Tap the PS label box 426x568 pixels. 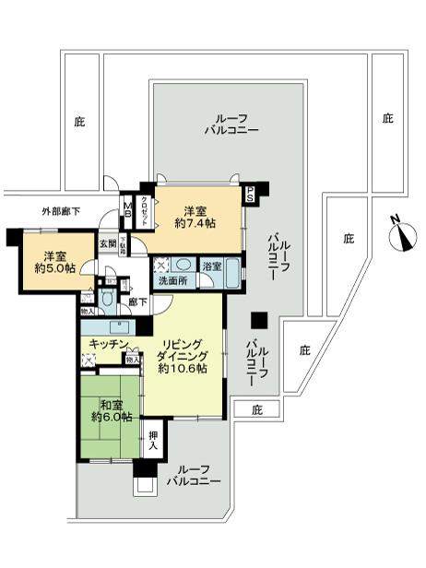[x=250, y=195]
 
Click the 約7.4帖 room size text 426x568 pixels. [x=195, y=223]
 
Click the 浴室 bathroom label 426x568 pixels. [x=211, y=266]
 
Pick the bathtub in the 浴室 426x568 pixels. [x=231, y=273]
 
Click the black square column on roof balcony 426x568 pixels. [x=260, y=320]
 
